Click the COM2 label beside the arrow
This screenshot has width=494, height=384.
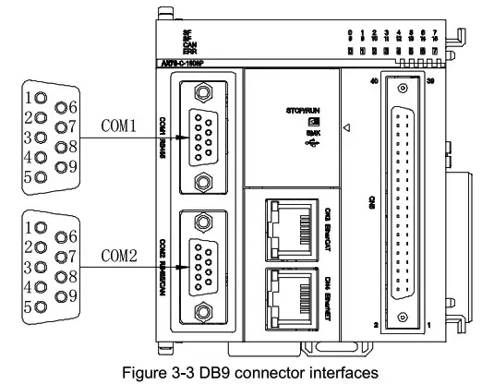[x=120, y=255]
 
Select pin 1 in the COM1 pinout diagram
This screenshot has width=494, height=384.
[x=36, y=97]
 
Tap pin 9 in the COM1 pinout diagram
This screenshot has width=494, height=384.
[x=63, y=167]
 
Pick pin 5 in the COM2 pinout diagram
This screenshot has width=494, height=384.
[x=36, y=296]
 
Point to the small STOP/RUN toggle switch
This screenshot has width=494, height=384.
[x=315, y=122]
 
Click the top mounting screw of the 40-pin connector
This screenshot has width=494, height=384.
[x=402, y=89]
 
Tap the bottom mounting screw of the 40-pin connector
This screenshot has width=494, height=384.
[x=402, y=318]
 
